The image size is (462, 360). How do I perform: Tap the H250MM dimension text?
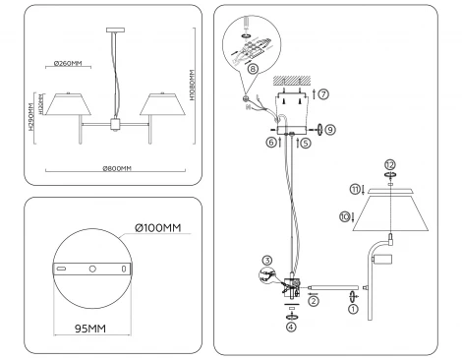[31, 117]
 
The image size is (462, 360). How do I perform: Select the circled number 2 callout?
[314, 303]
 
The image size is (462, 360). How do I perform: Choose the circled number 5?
[306, 143]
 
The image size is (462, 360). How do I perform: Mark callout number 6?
[269, 143]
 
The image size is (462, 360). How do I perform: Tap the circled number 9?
[330, 128]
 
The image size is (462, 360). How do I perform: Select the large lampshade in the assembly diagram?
[391, 212]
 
